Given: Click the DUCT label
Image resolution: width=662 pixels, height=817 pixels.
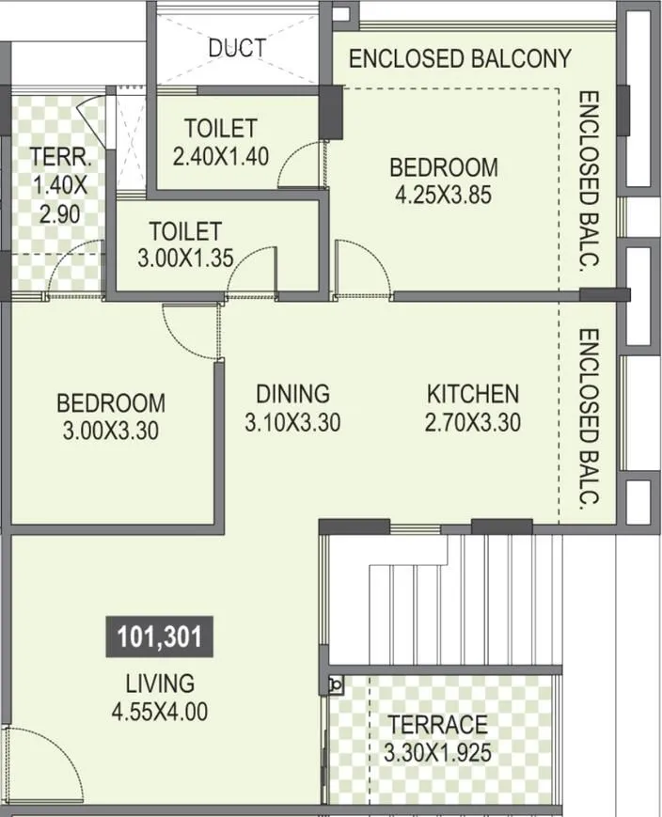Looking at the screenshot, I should click(236, 47).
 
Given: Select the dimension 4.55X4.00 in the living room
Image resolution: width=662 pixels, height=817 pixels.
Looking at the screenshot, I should click(159, 712).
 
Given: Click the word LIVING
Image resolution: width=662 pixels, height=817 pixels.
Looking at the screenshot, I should click(160, 683).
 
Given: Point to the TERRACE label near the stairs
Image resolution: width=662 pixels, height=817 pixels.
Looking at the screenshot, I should click(438, 724).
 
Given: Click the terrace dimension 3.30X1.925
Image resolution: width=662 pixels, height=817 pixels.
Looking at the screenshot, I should click(439, 752).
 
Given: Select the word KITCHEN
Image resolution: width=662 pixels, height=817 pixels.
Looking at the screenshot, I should click(472, 393).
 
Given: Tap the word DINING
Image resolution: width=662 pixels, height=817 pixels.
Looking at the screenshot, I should click(292, 393).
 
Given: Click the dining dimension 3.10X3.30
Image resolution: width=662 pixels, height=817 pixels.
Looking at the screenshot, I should click(292, 423).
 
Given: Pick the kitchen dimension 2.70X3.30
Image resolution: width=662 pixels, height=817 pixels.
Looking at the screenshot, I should click(473, 423).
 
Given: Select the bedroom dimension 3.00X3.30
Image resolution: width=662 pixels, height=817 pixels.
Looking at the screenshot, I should click(110, 432).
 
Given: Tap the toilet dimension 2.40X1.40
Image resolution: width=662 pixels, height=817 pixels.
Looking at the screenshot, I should click(221, 154).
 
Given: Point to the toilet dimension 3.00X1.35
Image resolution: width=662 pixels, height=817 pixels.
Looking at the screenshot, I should click(185, 259).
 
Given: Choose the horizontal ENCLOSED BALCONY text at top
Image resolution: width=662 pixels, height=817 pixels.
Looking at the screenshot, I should click(460, 58).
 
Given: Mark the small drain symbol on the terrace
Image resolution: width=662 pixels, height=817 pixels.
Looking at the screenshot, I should click(335, 683).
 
